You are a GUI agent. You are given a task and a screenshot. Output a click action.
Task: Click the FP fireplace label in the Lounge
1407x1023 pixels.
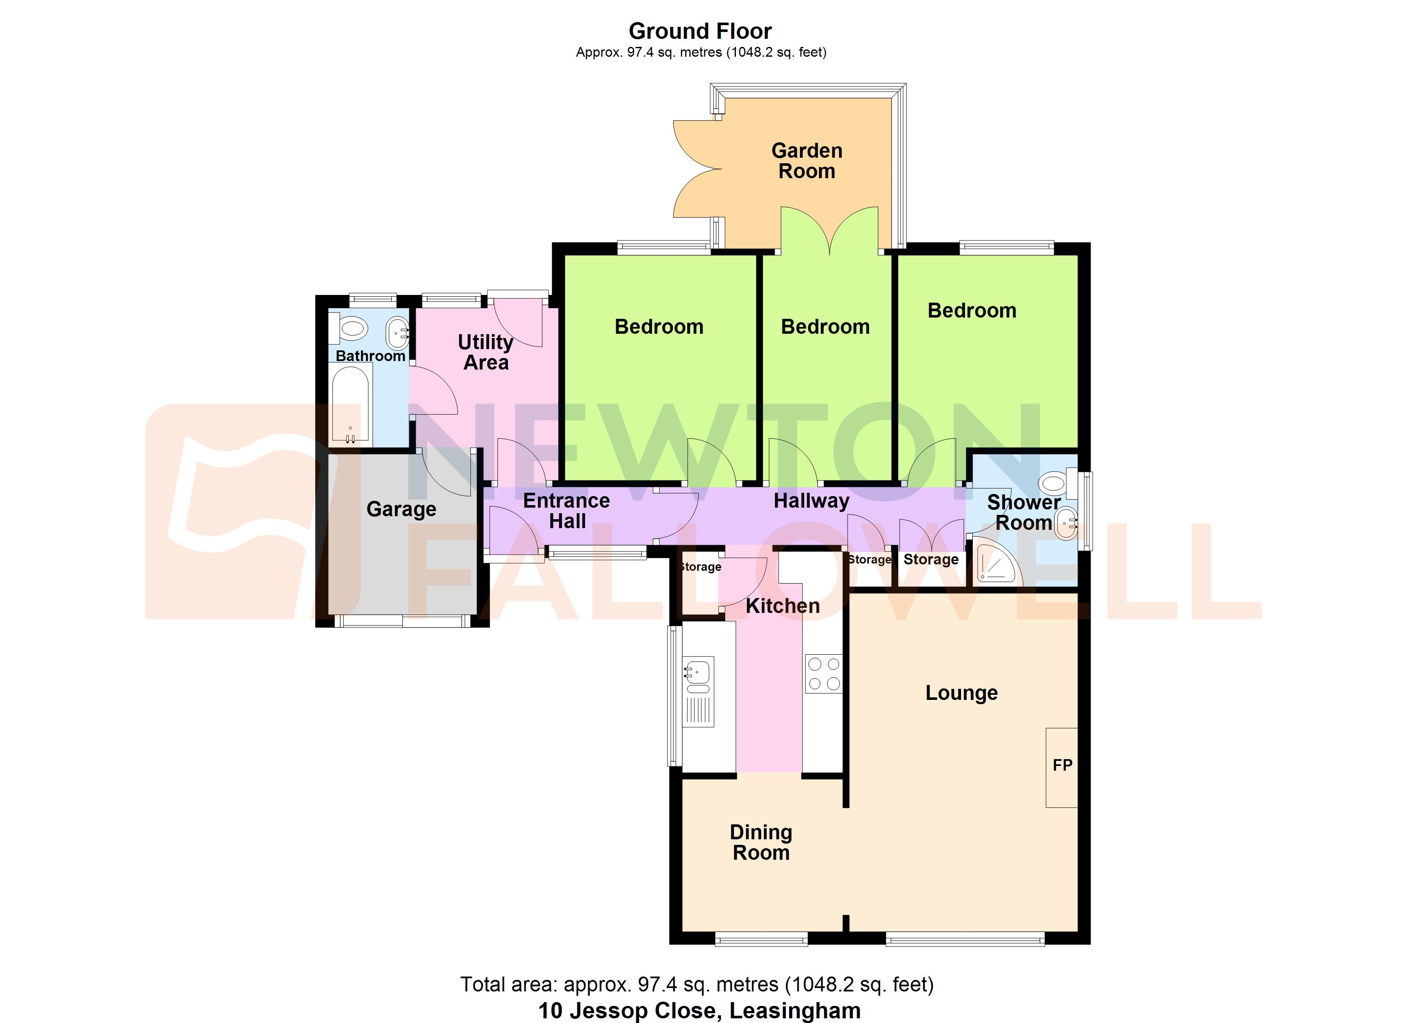click(x=1062, y=765)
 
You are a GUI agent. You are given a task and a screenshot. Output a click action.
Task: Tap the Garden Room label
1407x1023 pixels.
click(x=807, y=161)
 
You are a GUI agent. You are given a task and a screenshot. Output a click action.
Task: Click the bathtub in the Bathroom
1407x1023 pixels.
click(x=350, y=404)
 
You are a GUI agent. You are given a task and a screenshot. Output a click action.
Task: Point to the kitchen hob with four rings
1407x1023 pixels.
click(x=824, y=674)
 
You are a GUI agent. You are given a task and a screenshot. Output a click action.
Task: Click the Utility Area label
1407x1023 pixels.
click(x=486, y=352)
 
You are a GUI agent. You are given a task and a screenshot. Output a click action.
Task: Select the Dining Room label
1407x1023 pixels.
click(x=761, y=842)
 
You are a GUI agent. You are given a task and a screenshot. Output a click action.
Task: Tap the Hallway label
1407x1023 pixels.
click(x=811, y=501)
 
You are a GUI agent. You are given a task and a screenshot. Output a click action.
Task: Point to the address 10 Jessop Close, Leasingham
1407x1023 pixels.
click(x=699, y=1010)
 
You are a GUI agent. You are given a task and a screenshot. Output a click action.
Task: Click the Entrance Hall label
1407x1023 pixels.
click(x=566, y=511)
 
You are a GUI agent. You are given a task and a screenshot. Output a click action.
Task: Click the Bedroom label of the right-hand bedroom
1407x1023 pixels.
click(x=972, y=310)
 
